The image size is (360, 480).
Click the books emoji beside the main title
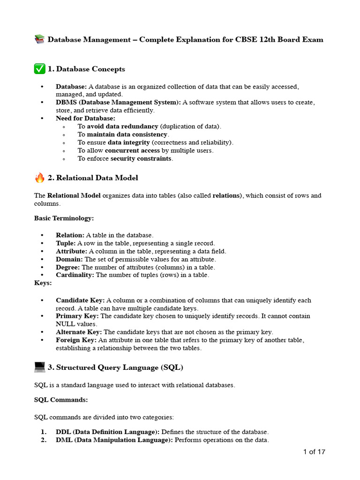coord(39,40)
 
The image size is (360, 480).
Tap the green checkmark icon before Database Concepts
coord(39,69)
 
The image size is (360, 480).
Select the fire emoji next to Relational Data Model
coord(39,178)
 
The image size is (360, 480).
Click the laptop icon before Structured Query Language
coord(39,367)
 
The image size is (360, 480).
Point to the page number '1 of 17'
coord(314,452)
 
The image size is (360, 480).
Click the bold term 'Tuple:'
coord(66,243)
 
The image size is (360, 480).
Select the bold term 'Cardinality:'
coord(75,275)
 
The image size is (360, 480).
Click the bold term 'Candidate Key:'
coord(80,300)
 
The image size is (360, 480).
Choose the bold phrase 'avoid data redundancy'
coord(122,127)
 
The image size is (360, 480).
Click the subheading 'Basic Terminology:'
coord(64,218)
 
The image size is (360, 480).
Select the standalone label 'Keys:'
coord(43,283)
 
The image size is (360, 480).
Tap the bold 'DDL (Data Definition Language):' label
coord(107,432)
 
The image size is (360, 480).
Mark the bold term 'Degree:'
coord(68,267)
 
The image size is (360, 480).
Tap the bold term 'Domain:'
coord(69,259)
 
